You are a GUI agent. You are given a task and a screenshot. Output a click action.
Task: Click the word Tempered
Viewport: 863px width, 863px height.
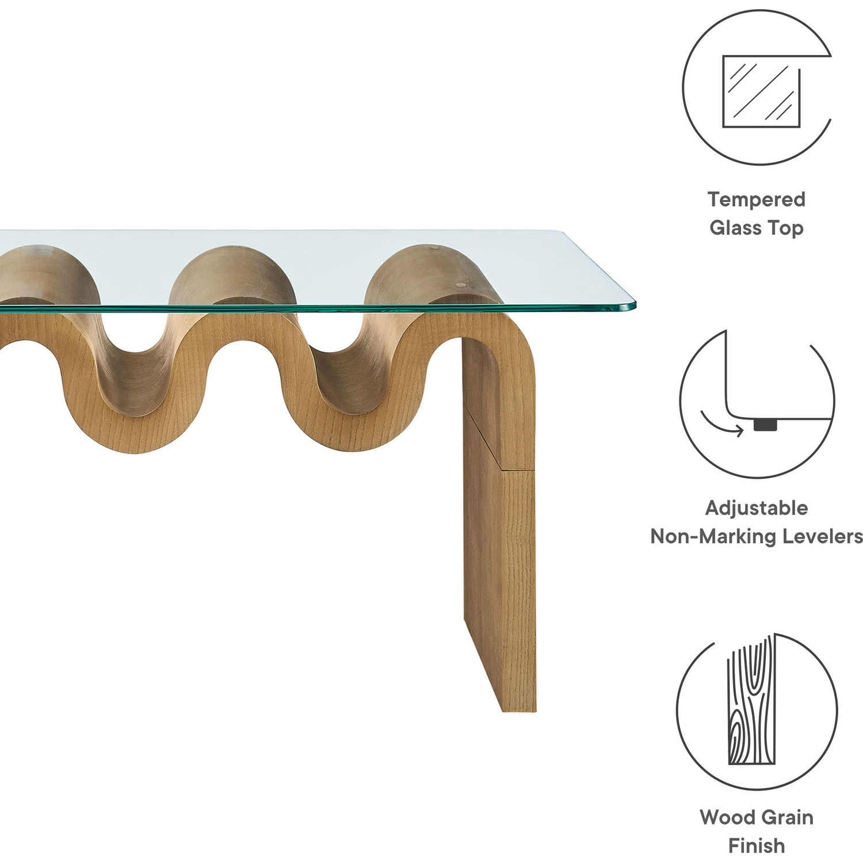point(756,200)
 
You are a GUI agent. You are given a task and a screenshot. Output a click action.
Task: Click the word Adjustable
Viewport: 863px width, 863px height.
point(756,508)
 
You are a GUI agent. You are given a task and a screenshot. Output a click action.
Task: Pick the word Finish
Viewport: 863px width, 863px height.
point(756,846)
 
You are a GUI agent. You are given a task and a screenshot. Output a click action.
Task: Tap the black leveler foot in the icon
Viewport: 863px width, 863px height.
point(765,425)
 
